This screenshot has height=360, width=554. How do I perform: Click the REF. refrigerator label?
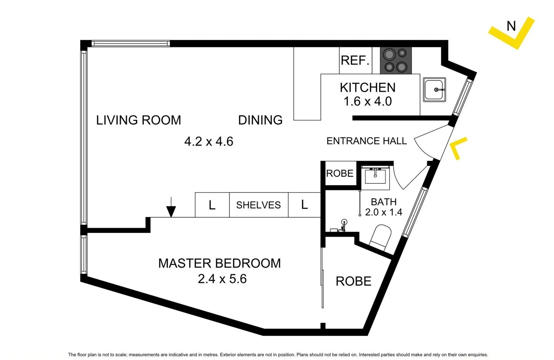coord(355,60)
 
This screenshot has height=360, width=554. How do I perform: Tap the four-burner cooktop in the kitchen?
coord(396,60)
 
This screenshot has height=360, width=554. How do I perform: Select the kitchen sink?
coord(434,90)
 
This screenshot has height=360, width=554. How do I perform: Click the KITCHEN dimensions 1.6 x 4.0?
coord(368,101)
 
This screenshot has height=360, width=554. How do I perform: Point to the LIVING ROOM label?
coord(138,120)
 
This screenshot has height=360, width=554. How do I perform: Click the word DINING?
coord(260,120)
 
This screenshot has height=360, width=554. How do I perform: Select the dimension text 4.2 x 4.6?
coord(208,141)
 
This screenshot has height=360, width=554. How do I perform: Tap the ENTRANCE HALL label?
coord(366,141)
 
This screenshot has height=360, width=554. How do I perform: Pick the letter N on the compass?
coord(511,26)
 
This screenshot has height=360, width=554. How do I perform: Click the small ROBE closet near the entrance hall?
coord(340,173)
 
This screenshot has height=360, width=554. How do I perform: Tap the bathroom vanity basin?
coord(375,176)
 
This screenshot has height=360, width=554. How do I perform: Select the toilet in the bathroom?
coord(381,236)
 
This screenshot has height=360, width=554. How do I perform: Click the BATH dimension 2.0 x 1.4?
coord(384,212)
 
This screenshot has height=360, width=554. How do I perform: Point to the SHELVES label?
coord(258,205)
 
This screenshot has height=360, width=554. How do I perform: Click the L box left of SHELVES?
coord(212,205)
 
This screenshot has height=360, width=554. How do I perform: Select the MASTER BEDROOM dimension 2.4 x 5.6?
coord(222,279)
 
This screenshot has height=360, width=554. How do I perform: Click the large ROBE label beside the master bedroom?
coord(353,281)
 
